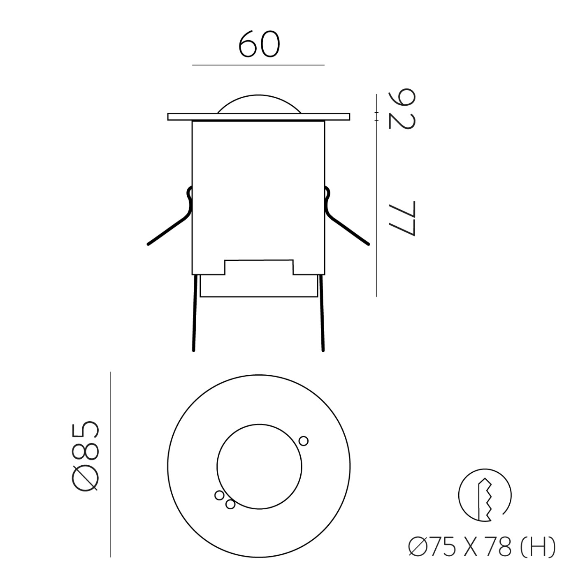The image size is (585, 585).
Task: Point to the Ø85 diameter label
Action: [86, 456]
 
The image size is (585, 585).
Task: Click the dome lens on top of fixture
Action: [259, 104]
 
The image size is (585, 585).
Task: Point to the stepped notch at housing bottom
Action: [259, 267]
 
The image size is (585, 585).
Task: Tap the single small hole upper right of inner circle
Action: [304, 441]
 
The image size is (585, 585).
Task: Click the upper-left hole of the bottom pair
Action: [219, 495]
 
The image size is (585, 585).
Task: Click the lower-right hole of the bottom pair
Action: [230, 504]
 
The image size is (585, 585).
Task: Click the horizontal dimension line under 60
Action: [259, 65]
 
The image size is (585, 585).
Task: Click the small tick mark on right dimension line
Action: [376, 116]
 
